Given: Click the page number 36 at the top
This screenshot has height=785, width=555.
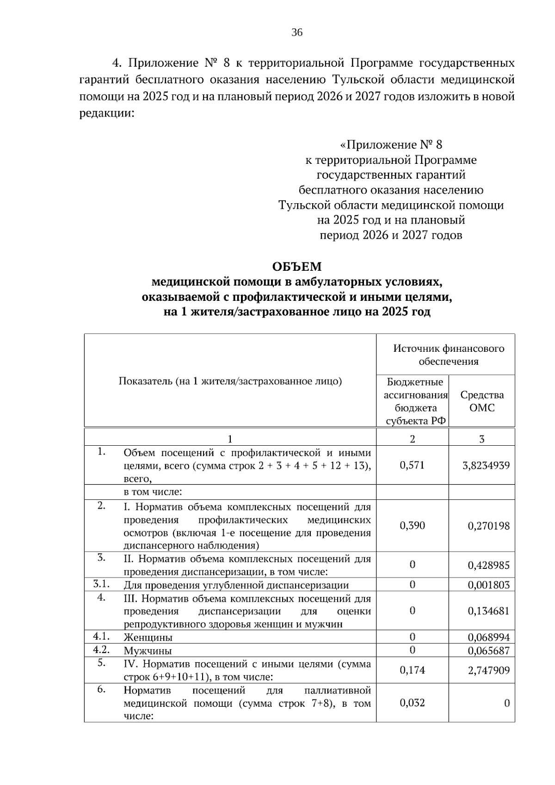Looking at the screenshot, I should click(297, 32).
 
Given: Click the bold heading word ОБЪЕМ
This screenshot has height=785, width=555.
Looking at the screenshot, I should click(296, 267).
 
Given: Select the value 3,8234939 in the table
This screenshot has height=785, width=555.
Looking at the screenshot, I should click(486, 465).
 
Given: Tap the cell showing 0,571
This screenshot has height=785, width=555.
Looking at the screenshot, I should click(412, 465).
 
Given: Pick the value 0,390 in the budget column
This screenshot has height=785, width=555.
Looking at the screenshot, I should click(412, 525).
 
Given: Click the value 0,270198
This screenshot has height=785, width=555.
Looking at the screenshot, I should click(488, 526).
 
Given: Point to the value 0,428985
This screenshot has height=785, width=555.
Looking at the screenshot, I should click(488, 565).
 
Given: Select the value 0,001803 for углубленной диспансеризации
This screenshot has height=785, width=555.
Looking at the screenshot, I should click(488, 585).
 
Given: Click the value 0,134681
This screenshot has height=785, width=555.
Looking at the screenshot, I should click(488, 611).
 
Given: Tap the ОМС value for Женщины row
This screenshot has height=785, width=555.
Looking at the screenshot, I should click(488, 637).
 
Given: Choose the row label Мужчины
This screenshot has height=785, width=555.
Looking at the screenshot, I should click(148, 651).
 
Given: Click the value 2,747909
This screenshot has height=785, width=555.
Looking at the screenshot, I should click(488, 670).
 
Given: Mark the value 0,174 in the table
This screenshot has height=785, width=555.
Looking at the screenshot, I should click(412, 670).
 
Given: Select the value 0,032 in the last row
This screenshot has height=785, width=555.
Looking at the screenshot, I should click(412, 703).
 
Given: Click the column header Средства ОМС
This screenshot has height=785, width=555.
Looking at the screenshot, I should click(481, 401).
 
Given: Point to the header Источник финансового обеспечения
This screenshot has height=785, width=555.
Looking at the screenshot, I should click(448, 355).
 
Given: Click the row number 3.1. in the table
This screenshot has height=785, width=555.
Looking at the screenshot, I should click(100, 584).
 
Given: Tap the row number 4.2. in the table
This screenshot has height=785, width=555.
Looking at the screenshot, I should click(100, 649).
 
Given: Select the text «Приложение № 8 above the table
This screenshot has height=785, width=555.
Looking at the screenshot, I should click(391, 145).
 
